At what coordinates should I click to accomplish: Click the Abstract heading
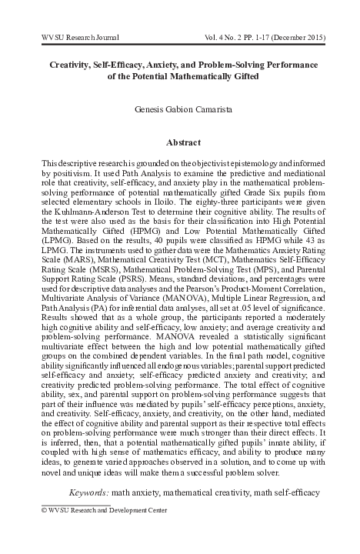pos(183,142)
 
